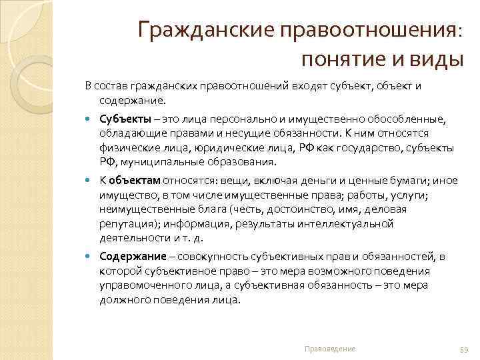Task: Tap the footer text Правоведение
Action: coord(329,349)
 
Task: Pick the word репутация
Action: coord(125,224)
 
